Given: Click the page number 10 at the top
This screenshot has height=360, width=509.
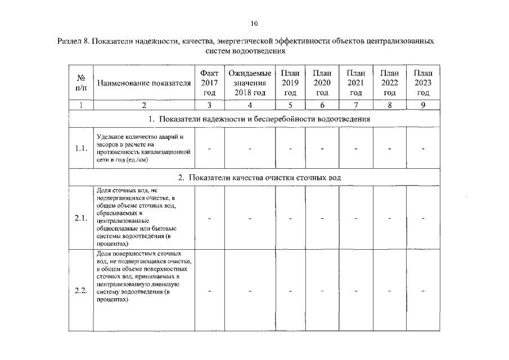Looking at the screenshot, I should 254,24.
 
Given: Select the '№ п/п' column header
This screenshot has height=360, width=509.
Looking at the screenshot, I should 81,83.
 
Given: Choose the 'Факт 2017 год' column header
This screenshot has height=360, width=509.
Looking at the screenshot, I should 209,83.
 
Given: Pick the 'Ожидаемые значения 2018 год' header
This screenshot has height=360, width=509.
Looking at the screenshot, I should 250,83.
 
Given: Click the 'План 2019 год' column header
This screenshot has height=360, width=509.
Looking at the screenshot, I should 290,83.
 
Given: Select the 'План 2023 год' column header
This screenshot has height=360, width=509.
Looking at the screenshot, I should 423,83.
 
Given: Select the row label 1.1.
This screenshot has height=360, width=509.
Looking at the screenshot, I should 81,148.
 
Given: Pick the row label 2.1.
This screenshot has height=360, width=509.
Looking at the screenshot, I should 81,218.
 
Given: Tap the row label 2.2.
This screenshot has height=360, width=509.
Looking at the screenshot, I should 81,291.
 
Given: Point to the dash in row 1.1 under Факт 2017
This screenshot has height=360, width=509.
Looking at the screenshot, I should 209,149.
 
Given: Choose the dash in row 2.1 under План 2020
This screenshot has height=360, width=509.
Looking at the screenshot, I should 322,219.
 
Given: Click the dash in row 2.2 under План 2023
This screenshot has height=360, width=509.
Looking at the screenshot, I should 423,291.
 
